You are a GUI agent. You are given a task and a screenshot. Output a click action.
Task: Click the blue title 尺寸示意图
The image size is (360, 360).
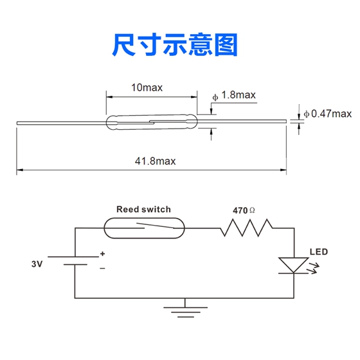[x=175, y=45]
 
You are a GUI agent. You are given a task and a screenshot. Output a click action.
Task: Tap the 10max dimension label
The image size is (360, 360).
[x=147, y=87]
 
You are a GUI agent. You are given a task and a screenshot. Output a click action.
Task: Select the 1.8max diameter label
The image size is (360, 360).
[x=234, y=95]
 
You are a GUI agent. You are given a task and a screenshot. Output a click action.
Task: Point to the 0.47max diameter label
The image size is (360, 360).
[x=328, y=114]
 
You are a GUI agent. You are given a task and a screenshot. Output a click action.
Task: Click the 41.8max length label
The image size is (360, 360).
[x=155, y=161]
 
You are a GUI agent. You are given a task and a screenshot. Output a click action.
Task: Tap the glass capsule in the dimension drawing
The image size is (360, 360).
[x=152, y=122]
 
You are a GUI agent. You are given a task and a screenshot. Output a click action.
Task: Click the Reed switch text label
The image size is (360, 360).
[x=143, y=209]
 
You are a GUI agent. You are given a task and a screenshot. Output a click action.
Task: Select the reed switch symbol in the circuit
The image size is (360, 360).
[x=144, y=228]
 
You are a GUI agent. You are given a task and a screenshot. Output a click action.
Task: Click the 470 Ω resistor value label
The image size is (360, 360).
[x=244, y=210]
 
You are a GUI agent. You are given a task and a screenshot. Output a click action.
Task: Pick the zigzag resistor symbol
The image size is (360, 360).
[x=246, y=228]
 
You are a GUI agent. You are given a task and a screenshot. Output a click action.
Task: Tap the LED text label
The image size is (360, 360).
[x=319, y=252]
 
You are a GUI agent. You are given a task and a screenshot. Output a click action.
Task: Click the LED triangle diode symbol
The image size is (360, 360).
[x=293, y=265]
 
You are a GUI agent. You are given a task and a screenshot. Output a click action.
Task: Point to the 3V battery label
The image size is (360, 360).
[x=37, y=264]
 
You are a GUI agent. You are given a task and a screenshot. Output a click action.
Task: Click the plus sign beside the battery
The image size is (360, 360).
[x=102, y=254]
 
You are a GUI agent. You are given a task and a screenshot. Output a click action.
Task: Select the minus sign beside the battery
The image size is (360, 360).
[x=102, y=268]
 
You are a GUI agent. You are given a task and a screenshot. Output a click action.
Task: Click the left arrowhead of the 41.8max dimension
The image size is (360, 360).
[x=20, y=170]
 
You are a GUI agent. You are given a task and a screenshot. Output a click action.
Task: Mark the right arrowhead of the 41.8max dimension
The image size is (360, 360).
[x=283, y=170]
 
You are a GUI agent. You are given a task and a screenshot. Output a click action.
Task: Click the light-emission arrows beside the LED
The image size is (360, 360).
[x=314, y=269]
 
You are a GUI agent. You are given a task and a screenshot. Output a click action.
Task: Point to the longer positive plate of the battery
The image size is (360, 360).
[x=73, y=257]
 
